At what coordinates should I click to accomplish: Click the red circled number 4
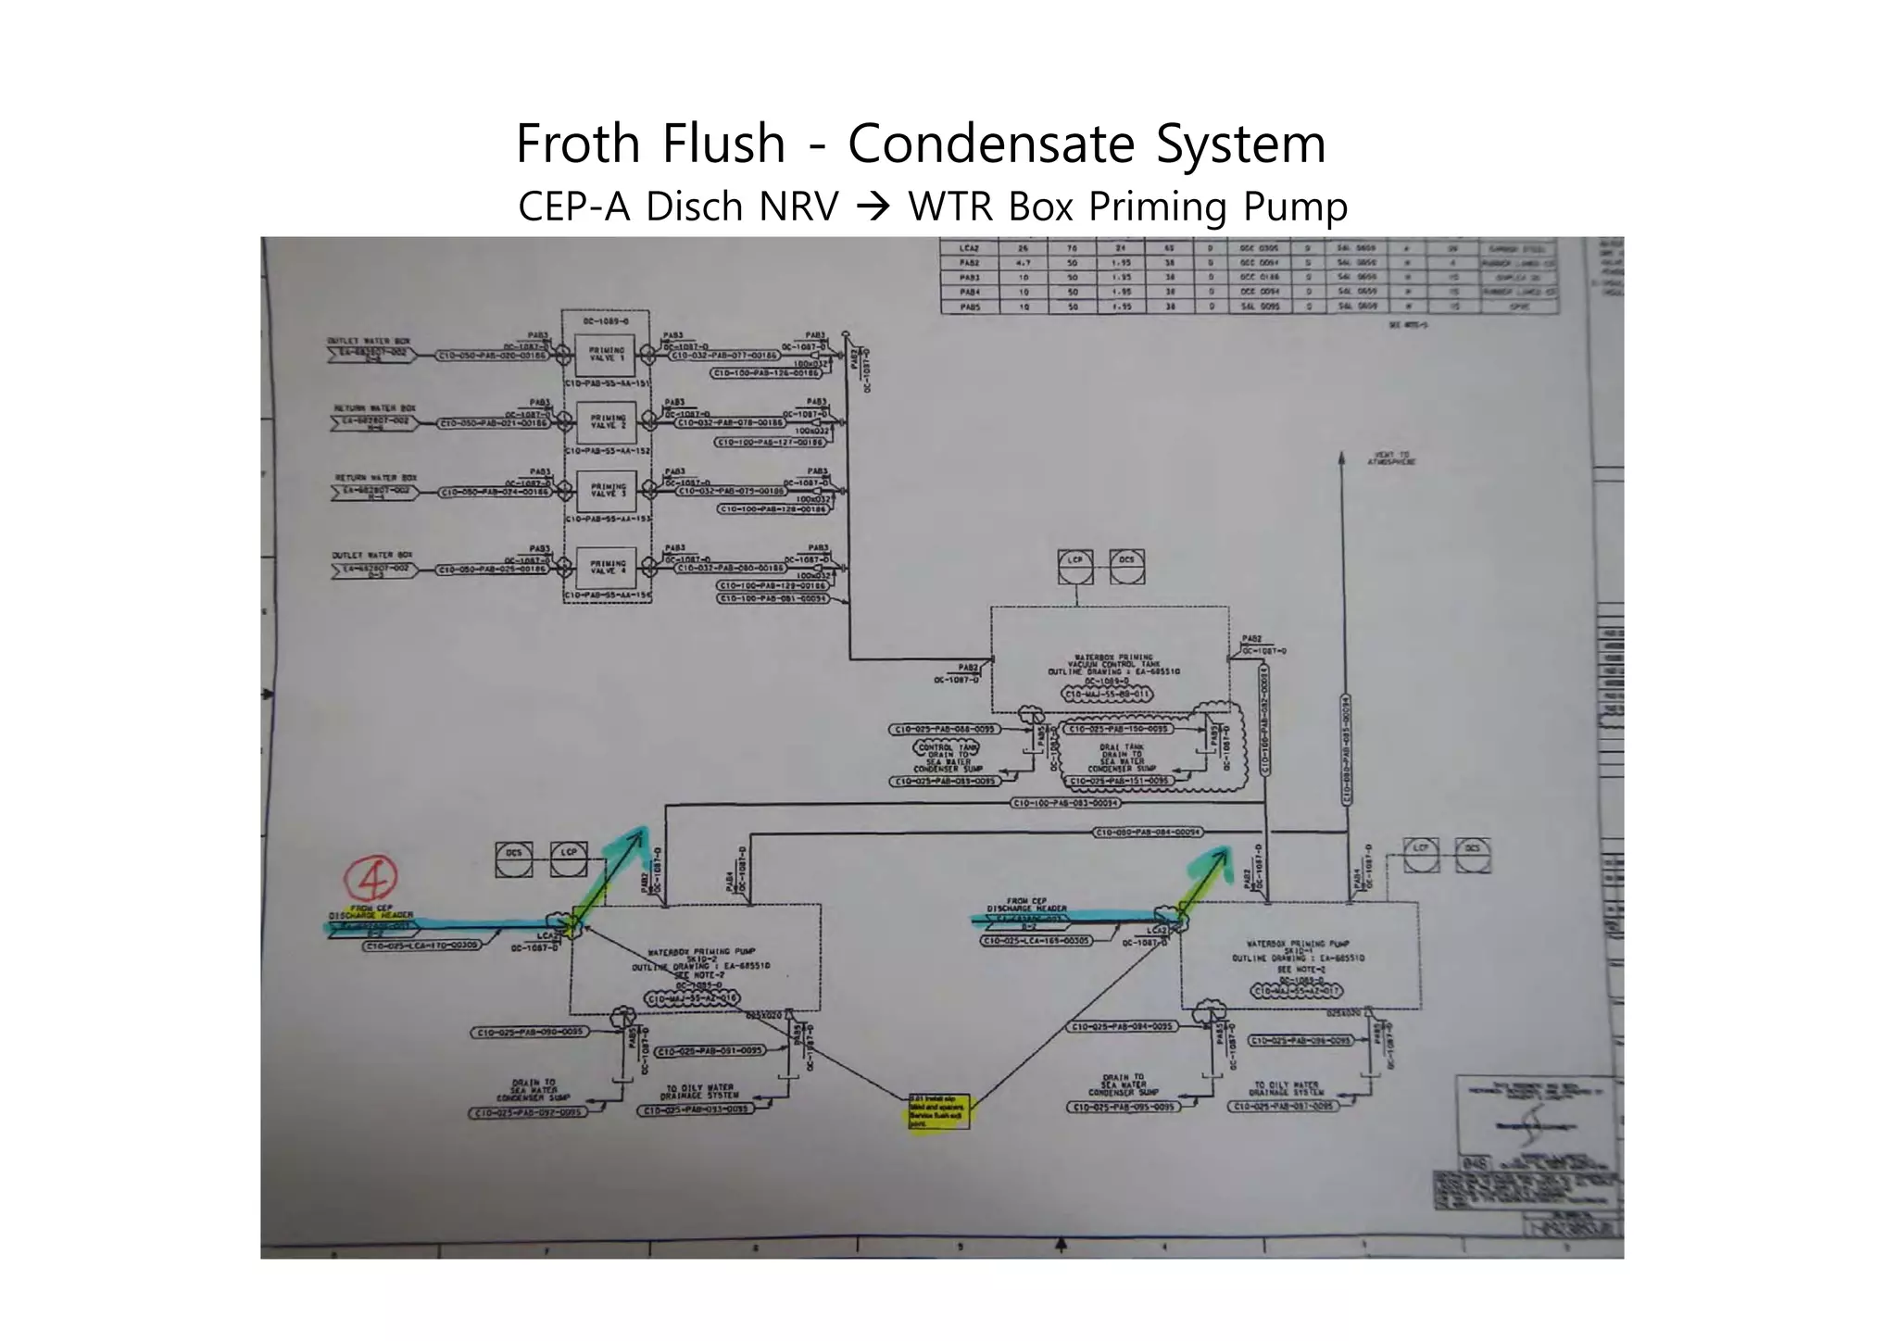tap(371, 876)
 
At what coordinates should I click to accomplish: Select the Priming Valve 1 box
tap(607, 355)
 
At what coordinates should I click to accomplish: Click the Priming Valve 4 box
tap(608, 567)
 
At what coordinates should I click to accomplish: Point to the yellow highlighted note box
tap(937, 1111)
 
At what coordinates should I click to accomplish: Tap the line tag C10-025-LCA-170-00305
tap(421, 946)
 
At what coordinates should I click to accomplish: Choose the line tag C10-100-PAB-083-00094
tap(1065, 803)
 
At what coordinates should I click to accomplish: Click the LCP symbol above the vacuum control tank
tap(1075, 567)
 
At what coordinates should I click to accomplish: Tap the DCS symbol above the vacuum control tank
tap(1126, 567)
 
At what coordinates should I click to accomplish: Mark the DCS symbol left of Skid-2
tap(514, 859)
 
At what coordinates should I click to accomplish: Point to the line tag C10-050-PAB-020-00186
tap(493, 355)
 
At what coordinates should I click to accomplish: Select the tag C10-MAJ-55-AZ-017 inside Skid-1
tap(1296, 991)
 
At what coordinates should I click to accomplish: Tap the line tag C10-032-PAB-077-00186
tap(725, 355)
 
